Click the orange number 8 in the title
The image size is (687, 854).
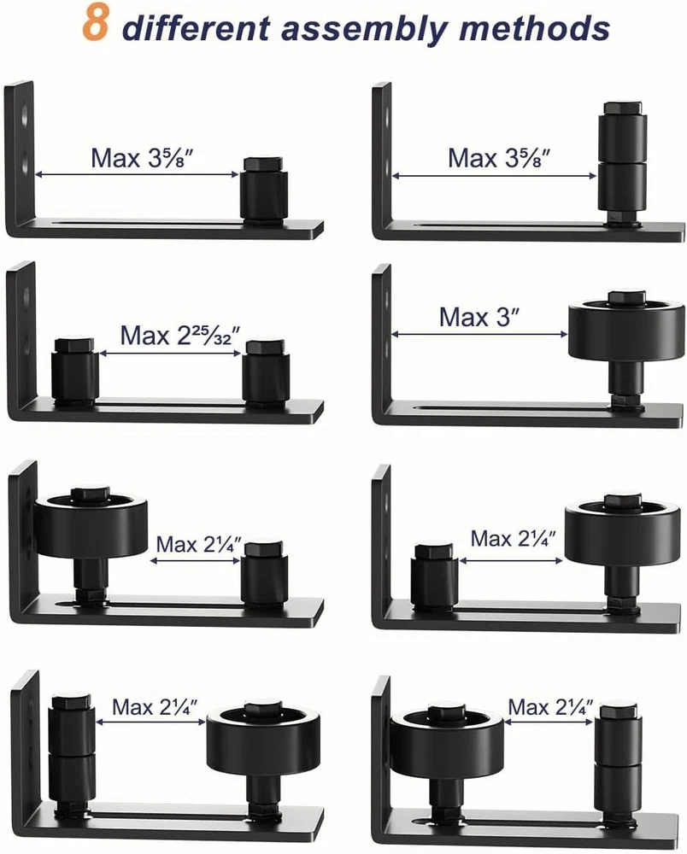tap(96, 24)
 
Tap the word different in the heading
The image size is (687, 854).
tap(197, 27)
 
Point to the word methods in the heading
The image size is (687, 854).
tap(534, 27)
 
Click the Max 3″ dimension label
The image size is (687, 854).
tap(479, 317)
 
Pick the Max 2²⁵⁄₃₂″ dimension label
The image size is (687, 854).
tap(179, 336)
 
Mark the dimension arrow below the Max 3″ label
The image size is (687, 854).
tap(479, 335)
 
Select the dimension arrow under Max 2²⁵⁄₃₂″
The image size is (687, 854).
tap(170, 354)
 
